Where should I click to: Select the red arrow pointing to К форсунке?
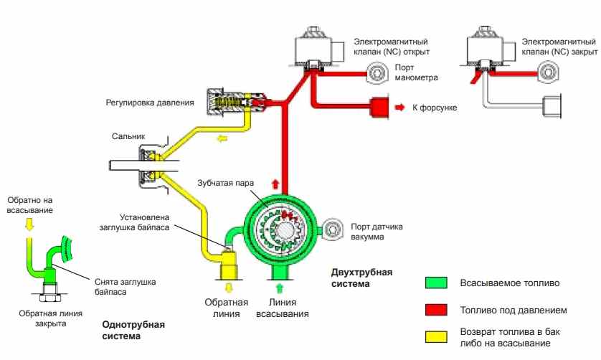click(x=399, y=107)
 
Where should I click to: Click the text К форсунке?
click(x=435, y=108)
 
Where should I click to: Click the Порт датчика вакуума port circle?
click(x=332, y=230)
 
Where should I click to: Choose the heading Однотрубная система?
click(x=133, y=330)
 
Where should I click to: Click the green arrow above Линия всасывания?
click(x=279, y=288)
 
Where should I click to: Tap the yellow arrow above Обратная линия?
click(x=229, y=288)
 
